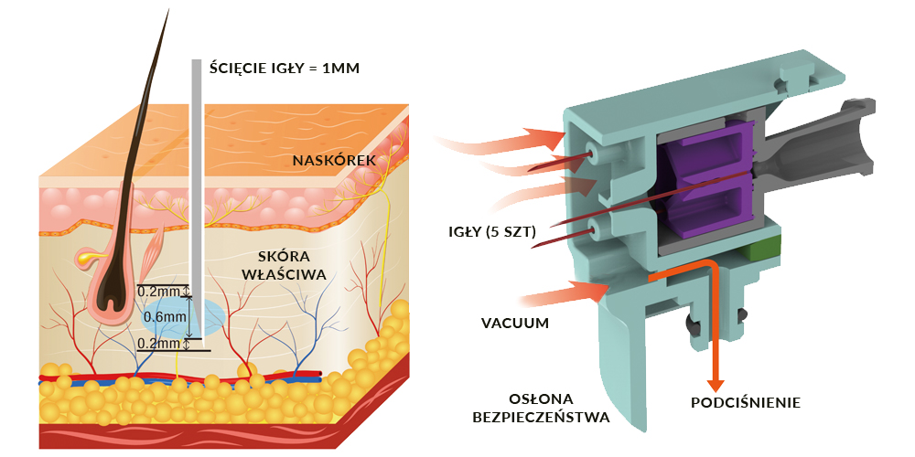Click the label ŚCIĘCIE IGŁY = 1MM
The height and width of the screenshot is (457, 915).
pyautogui.click(x=285, y=69)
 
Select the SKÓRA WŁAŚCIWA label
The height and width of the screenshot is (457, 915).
pyautogui.click(x=292, y=265)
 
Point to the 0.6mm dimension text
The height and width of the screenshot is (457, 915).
pyautogui.click(x=166, y=317)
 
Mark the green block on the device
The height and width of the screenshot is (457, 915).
pyautogui.click(x=763, y=247)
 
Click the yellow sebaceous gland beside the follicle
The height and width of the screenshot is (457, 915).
pyautogui.click(x=85, y=256)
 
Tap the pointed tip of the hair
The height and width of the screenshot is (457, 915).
pyautogui.click(x=168, y=10)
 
